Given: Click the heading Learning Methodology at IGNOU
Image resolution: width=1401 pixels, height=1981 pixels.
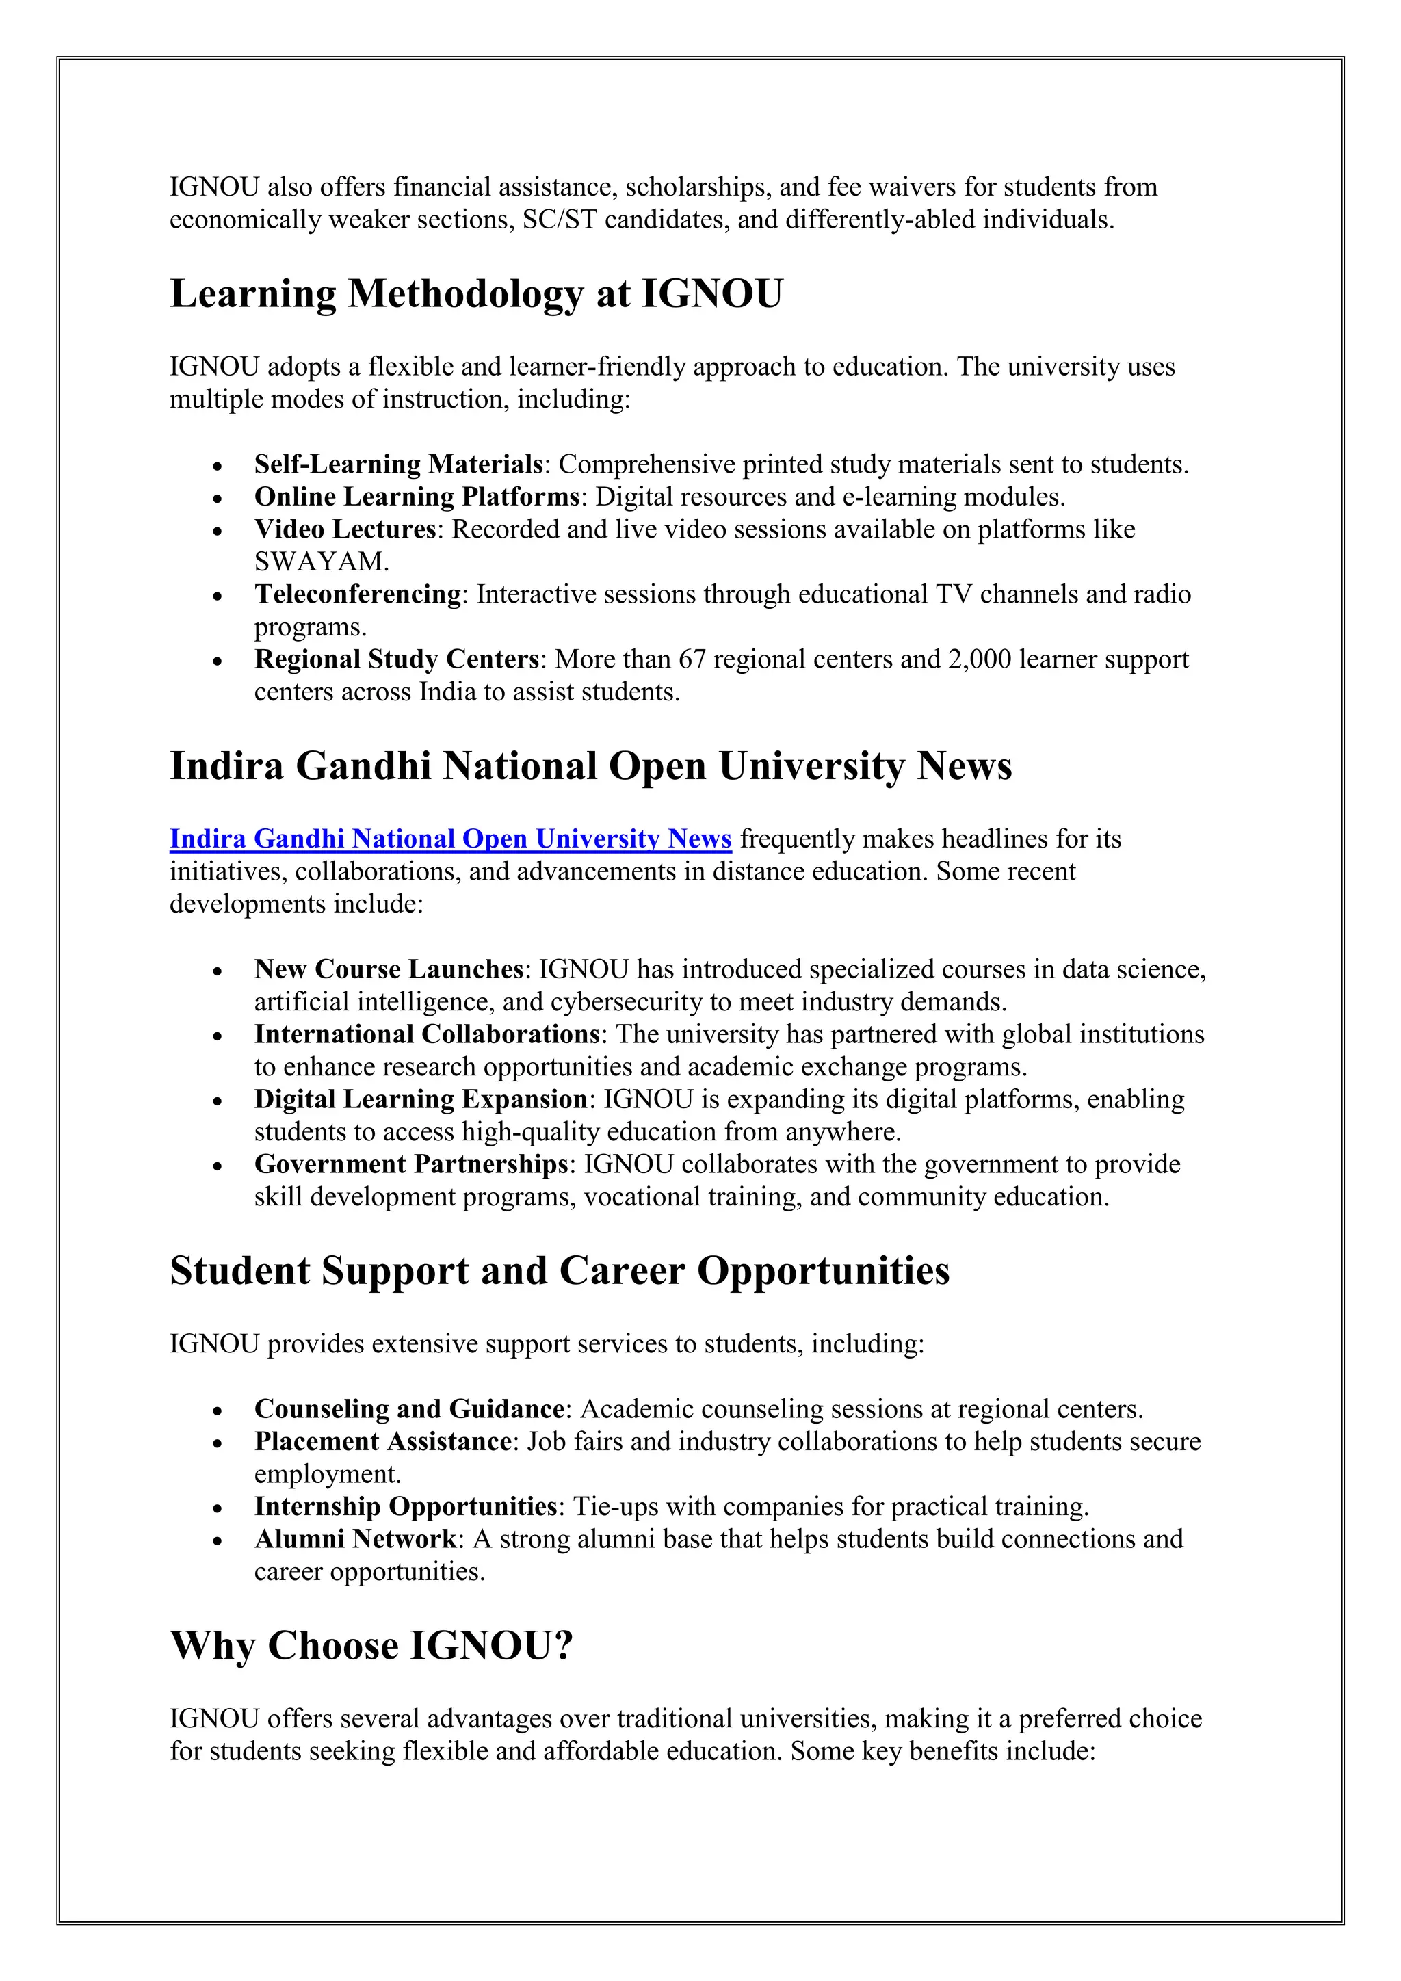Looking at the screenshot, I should point(475,294).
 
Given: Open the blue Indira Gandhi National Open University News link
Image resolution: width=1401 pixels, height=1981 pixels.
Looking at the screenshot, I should point(449,839).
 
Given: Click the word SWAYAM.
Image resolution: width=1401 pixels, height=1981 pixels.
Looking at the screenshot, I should point(321,562).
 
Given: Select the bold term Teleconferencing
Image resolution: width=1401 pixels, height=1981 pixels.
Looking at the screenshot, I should point(357,594).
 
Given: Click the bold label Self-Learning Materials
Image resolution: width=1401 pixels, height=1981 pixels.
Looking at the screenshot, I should point(397,465).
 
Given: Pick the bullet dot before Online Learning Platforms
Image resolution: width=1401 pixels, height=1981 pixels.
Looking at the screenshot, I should point(218,499).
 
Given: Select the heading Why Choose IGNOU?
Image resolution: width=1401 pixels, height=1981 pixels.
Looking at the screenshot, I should point(371,1647).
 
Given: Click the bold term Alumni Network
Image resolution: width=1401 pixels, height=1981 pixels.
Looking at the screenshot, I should point(356,1539).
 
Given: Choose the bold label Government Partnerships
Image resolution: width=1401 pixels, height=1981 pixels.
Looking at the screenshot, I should point(410,1165).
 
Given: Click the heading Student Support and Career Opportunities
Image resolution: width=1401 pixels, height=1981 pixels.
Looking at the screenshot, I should point(559,1272).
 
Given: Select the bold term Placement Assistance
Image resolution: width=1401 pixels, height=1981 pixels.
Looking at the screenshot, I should point(383,1442).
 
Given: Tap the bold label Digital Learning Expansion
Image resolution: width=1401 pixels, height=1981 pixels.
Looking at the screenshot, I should point(420,1100).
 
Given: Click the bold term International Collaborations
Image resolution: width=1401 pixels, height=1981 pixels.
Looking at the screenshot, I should point(426,1034).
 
